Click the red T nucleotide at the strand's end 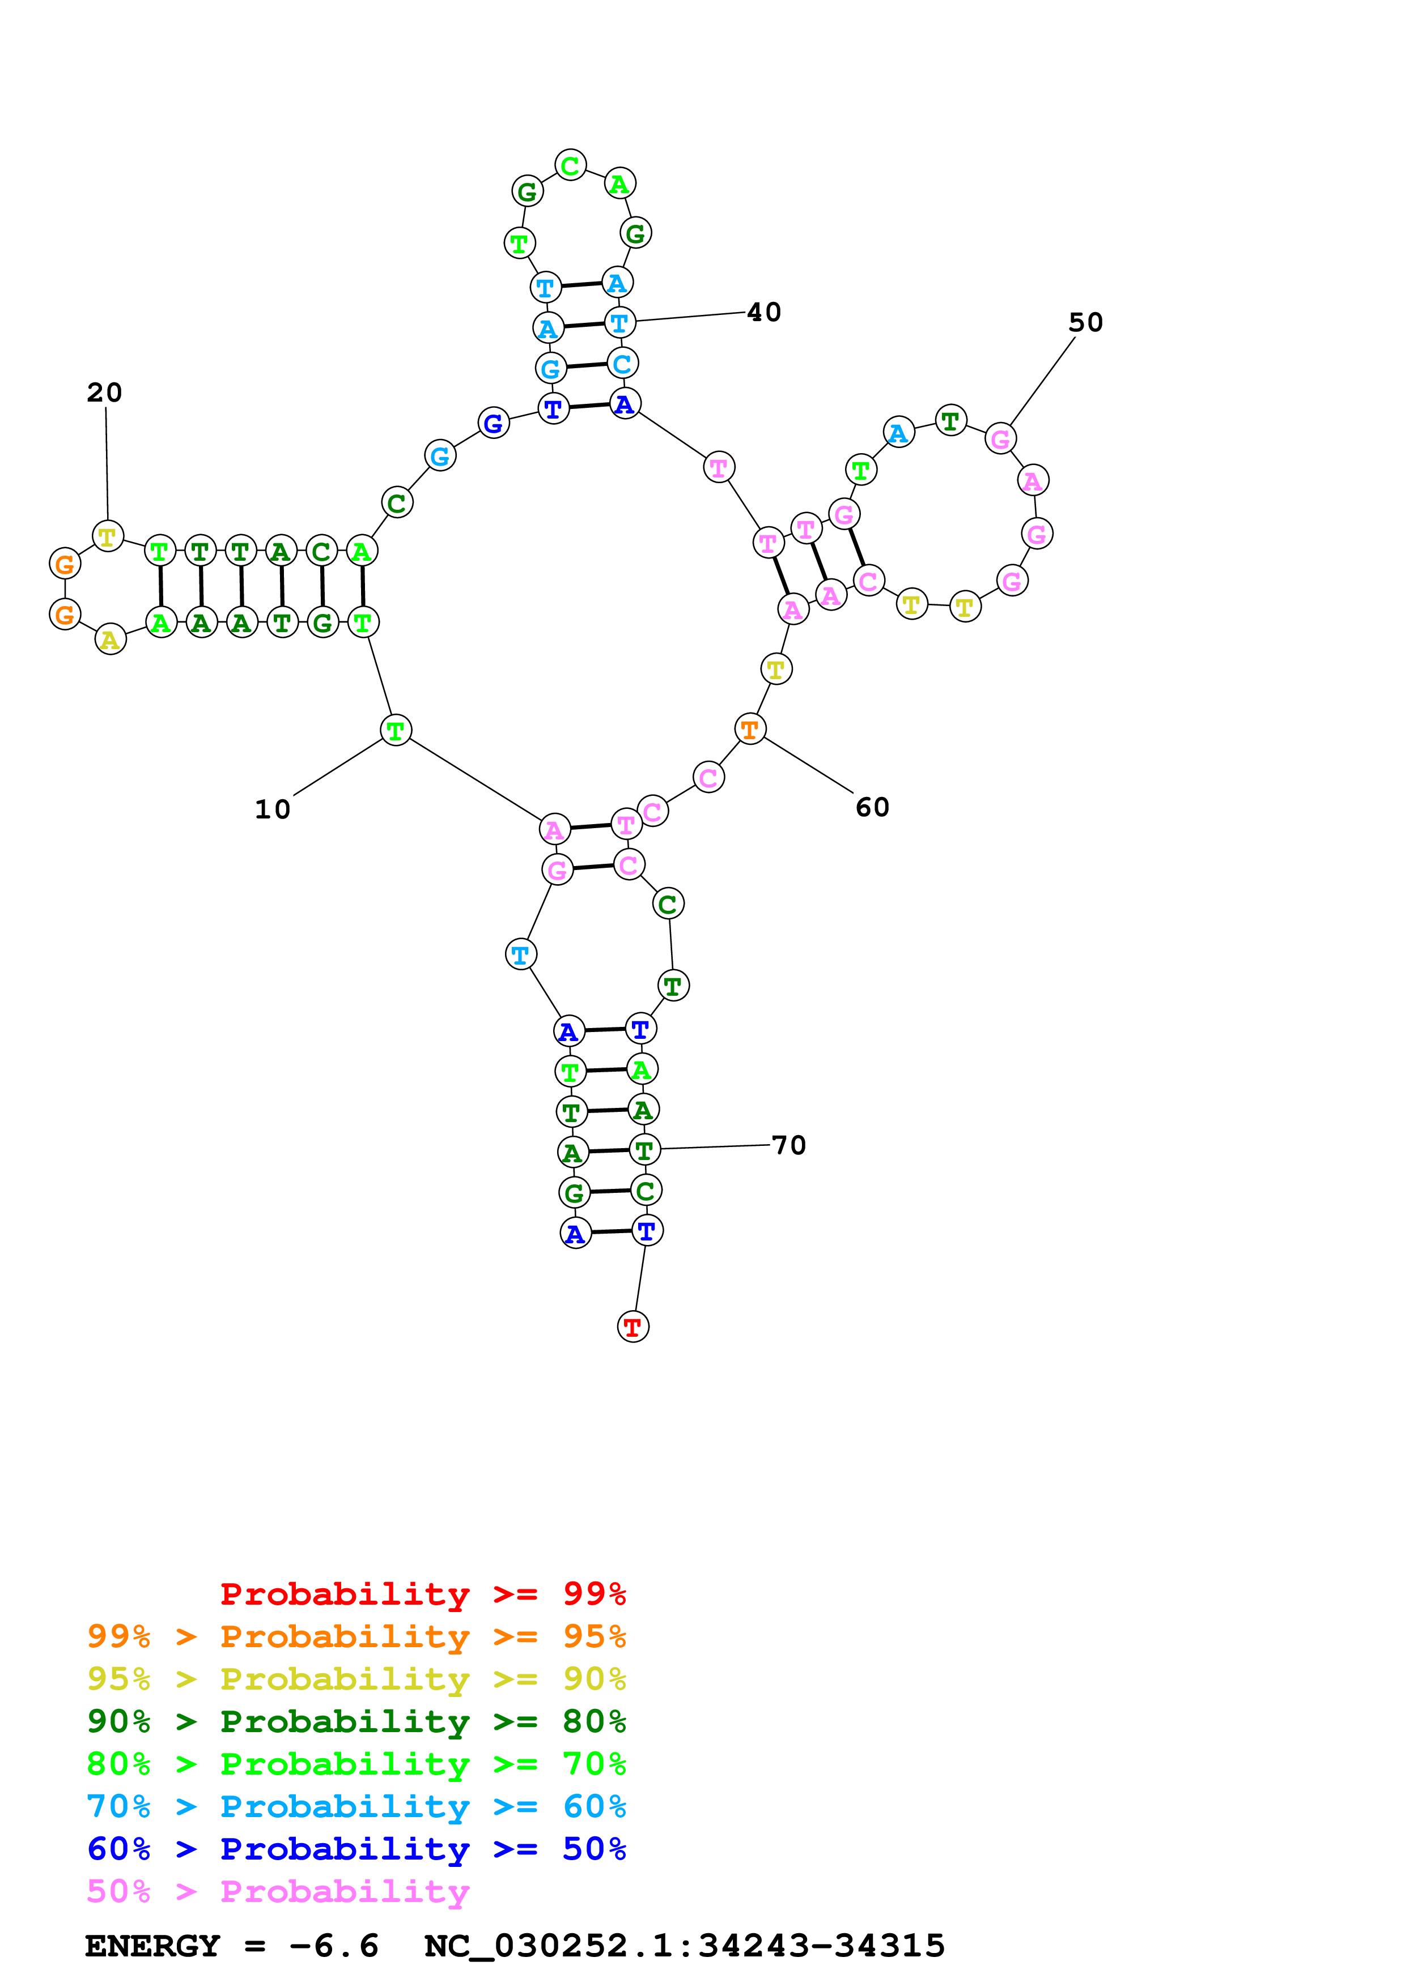(633, 1327)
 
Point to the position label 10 (272, 809)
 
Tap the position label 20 (105, 393)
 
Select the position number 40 (763, 313)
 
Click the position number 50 (1085, 323)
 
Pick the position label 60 (872, 808)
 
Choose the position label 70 (788, 1146)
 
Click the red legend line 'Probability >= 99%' (422, 1594)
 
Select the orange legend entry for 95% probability (356, 1636)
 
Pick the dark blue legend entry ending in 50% (356, 1849)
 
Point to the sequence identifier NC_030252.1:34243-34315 (684, 1946)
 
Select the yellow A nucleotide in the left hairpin (110, 639)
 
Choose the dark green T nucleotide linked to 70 (644, 1150)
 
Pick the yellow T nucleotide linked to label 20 (107, 536)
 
